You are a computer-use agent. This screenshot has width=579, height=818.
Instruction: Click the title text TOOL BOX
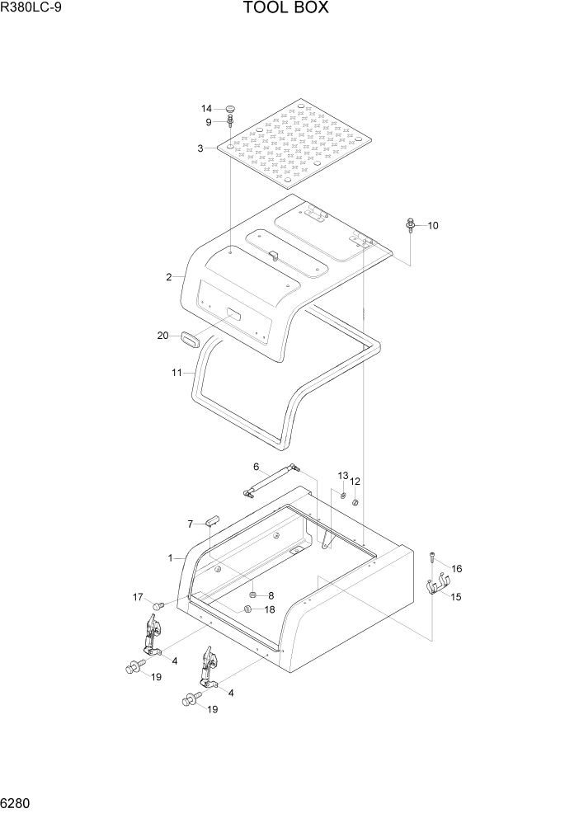pos(286,9)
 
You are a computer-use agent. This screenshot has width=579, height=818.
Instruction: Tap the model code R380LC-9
pos(31,9)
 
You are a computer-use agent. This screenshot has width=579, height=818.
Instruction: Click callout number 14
pos(206,109)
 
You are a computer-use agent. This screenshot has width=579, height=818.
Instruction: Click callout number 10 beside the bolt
pos(433,225)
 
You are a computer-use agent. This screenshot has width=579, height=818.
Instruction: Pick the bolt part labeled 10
pos(410,224)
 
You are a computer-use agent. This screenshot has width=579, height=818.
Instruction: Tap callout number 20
pos(162,335)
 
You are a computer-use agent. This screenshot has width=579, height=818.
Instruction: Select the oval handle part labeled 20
pos(191,338)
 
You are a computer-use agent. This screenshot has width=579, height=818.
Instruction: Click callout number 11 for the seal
pos(176,373)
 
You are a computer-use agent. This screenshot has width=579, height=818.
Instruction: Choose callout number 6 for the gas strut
pos(256,467)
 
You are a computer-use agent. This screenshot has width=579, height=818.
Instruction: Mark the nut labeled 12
pos(355,502)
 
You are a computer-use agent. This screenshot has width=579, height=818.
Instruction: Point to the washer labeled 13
pos(342,495)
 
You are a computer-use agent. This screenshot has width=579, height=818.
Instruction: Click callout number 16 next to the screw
pos(456,568)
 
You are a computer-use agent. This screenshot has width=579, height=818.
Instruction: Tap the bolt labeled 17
pos(160,606)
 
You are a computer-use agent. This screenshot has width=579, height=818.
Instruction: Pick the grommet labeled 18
pos(245,609)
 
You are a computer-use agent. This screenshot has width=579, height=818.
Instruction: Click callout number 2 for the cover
pos(168,277)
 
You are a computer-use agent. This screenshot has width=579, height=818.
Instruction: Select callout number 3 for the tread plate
pos(200,148)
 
